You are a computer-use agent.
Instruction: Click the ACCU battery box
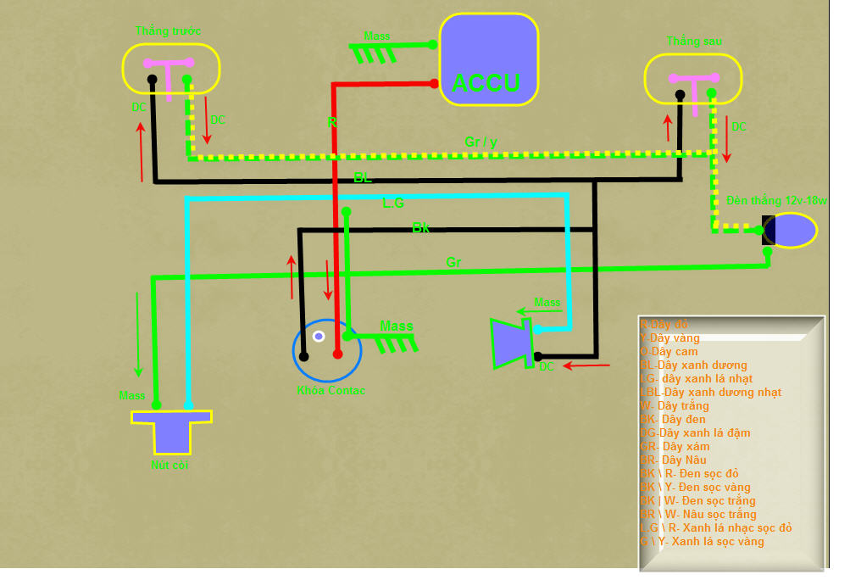click(488, 59)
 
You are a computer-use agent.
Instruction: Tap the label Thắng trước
click(168, 31)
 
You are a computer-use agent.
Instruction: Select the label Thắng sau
click(694, 42)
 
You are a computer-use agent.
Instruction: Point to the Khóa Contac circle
click(327, 350)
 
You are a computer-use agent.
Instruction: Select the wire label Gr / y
click(481, 142)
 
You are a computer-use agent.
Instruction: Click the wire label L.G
click(394, 204)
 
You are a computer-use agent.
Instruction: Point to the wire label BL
click(363, 178)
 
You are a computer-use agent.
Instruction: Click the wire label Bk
click(421, 227)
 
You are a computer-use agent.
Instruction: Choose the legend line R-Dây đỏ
click(664, 325)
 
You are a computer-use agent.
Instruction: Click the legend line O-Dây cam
click(669, 351)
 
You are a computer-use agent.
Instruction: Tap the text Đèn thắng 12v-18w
click(776, 201)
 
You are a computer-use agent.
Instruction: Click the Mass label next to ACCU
click(377, 36)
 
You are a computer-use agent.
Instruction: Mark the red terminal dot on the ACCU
click(434, 83)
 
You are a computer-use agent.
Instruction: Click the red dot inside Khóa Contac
click(337, 354)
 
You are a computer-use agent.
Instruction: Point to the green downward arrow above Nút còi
click(138, 335)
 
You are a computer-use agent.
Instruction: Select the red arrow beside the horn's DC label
click(586, 366)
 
